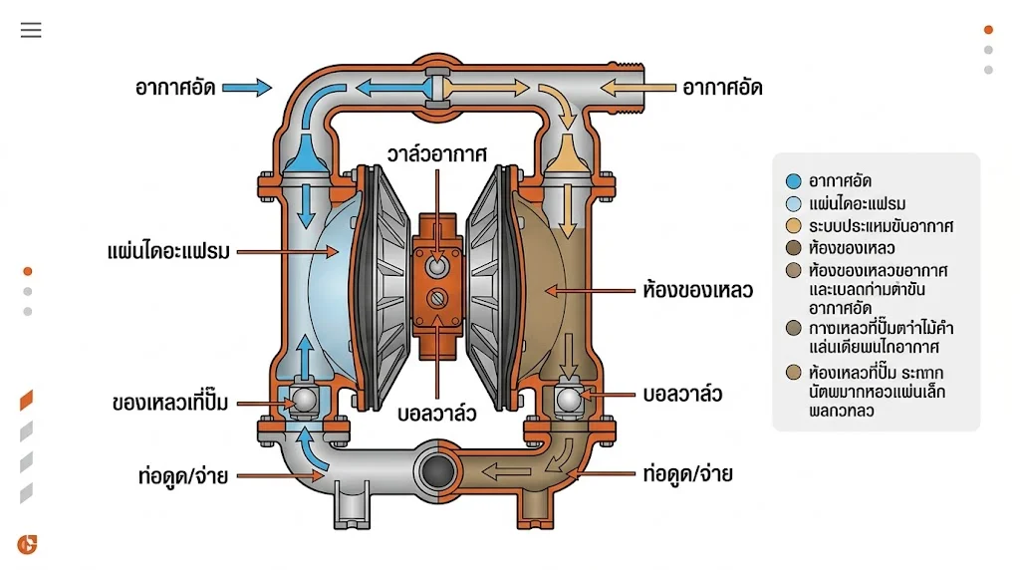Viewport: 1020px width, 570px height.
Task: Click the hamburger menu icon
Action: point(31,30)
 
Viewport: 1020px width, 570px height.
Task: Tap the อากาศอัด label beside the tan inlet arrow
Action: point(722,88)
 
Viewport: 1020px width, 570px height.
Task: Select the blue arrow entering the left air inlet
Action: point(246,88)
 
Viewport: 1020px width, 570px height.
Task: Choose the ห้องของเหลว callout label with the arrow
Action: point(696,292)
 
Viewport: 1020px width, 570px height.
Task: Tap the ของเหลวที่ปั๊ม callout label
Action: point(170,403)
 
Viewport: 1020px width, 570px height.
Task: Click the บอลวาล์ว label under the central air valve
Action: point(437,413)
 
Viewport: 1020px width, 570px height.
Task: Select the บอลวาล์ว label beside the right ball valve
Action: point(683,394)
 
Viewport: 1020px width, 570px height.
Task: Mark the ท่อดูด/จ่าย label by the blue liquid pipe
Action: point(183,475)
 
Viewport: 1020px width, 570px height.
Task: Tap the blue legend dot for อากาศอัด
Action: point(793,181)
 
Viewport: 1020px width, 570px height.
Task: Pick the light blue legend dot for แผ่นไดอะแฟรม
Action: point(793,204)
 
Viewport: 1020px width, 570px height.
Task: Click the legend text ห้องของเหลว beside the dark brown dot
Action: point(851,248)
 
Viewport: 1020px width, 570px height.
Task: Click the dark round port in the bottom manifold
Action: point(436,468)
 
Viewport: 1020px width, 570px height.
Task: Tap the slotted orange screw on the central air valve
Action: point(437,298)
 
